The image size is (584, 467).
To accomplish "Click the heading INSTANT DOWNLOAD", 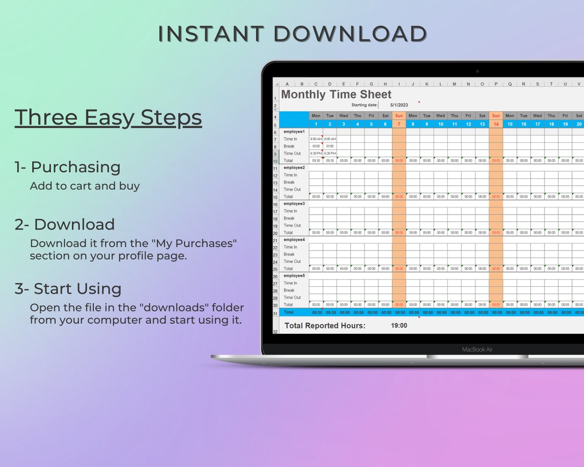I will (x=292, y=34).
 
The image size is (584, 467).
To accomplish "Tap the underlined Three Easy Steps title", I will (x=108, y=117).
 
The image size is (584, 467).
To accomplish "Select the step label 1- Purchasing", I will (x=68, y=167).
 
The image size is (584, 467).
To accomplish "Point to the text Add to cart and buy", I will (x=85, y=186).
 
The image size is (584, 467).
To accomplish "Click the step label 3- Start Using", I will (x=68, y=289).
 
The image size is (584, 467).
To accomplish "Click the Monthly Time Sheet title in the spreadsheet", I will (x=336, y=95).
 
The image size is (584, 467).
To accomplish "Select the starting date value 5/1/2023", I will (x=399, y=105).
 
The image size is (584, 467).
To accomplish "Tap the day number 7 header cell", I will (x=399, y=124).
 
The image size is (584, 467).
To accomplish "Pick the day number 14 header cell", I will (x=496, y=124).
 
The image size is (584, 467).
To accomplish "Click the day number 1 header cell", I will (x=316, y=124).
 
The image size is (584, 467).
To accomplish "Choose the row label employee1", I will (x=294, y=132).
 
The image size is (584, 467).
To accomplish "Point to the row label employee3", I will (x=294, y=204).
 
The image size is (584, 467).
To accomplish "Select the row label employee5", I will (x=294, y=275).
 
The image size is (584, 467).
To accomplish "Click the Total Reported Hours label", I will (x=325, y=326).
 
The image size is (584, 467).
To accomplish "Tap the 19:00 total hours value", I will (x=399, y=326).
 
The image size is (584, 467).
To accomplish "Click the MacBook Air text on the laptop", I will (x=477, y=349).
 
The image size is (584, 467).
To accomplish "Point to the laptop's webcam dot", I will (x=477, y=71).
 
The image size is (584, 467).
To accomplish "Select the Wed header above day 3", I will (x=344, y=116).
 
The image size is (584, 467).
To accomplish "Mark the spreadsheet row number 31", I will (x=275, y=313).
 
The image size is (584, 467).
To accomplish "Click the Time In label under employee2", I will (x=290, y=175).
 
